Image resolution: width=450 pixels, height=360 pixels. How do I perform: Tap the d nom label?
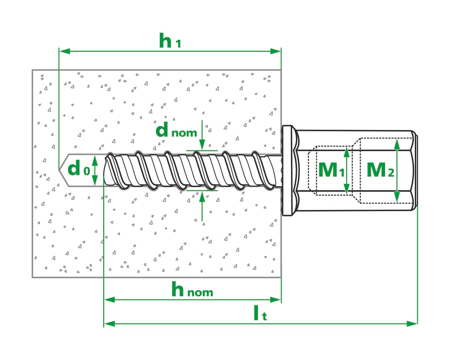(x=176, y=131)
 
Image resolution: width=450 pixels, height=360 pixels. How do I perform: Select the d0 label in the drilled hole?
(x=78, y=169)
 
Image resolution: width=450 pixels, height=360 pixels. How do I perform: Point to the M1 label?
(x=331, y=170)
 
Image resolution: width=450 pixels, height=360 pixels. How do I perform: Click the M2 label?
(x=380, y=170)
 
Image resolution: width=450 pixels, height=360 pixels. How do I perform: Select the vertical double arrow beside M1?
(x=347, y=170)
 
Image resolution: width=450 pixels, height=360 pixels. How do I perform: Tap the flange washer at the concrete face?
(x=288, y=171)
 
